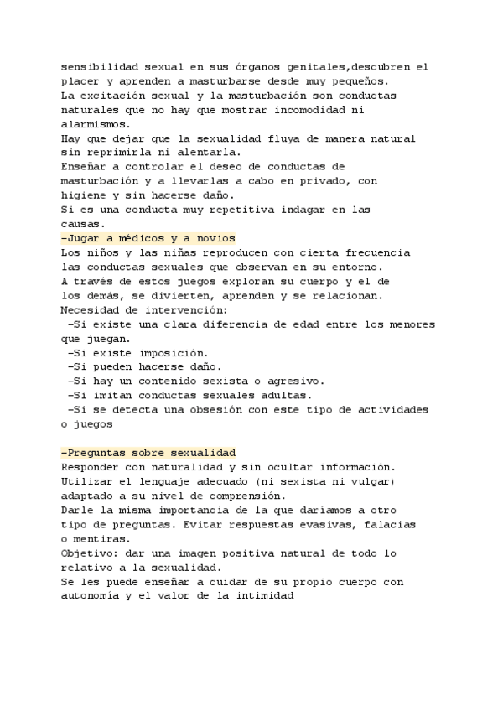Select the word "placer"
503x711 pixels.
click(82, 81)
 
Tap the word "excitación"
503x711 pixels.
click(121, 96)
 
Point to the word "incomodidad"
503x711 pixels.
click(324, 110)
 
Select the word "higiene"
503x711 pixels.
click(86, 195)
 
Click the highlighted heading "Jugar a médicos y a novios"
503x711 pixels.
click(148, 238)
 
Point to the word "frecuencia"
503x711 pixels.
click(374, 252)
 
